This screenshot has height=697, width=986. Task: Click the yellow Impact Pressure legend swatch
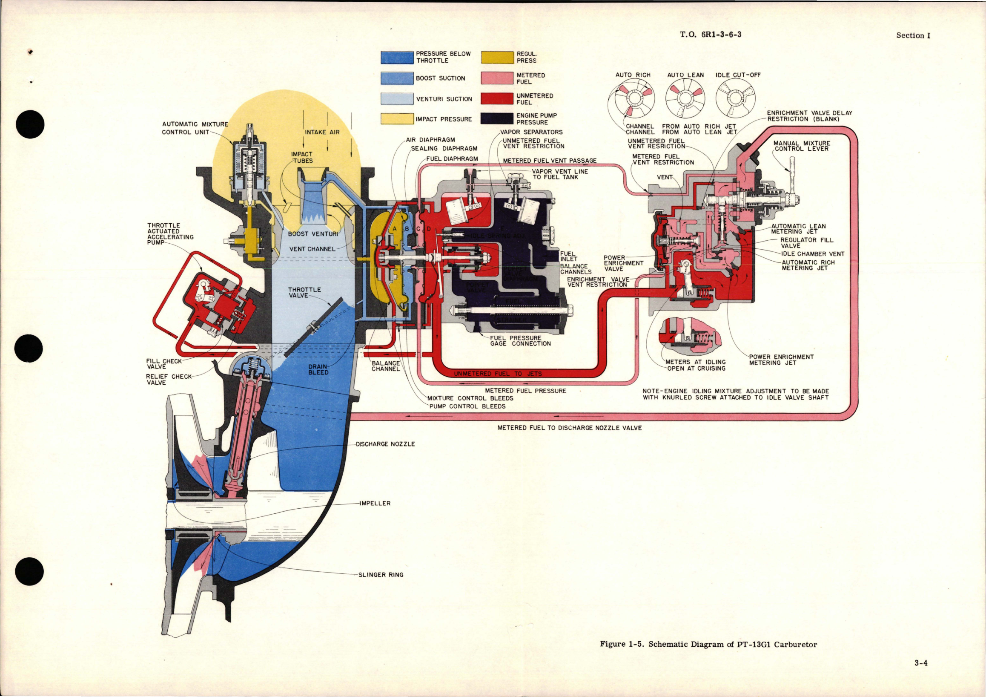(x=397, y=118)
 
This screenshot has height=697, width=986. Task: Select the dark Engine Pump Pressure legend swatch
(x=497, y=118)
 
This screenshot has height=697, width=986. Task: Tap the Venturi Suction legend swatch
(x=397, y=98)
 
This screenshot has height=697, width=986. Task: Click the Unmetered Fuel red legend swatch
(x=497, y=98)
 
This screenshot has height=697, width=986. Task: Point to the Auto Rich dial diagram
(x=632, y=99)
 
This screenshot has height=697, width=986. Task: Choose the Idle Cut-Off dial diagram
(x=736, y=99)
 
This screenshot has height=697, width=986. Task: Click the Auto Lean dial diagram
(x=685, y=99)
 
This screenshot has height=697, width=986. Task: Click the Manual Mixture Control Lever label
(x=801, y=146)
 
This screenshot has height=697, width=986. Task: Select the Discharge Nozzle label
(x=385, y=444)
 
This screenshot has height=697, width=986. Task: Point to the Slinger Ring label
(x=381, y=575)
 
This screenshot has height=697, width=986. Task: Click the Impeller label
(x=375, y=503)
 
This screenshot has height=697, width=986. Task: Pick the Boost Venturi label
(x=312, y=234)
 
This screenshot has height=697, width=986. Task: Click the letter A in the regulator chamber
(x=395, y=229)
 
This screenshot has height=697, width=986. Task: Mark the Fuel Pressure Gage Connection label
(x=521, y=341)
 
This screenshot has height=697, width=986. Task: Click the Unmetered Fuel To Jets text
(x=498, y=374)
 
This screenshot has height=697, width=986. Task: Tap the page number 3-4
(x=921, y=675)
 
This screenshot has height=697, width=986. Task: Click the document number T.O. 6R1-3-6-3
(x=711, y=35)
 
